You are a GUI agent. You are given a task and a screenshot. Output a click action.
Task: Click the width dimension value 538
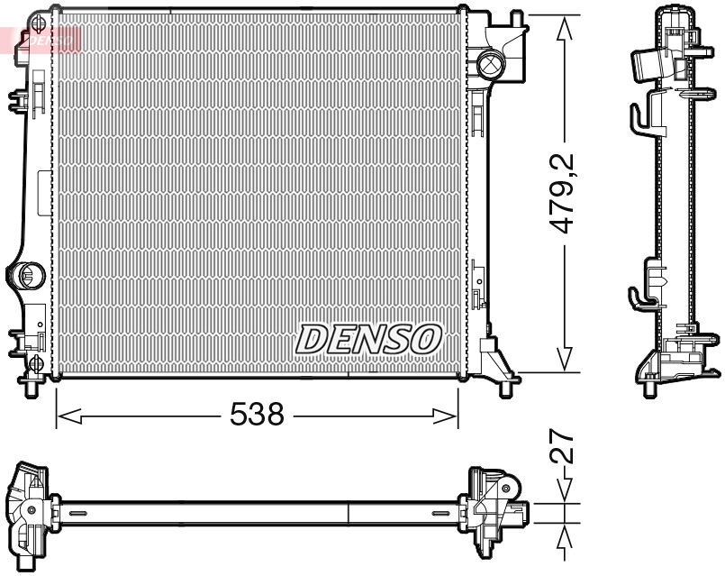coord(257,415)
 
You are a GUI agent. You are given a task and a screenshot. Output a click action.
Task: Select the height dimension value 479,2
coord(565,194)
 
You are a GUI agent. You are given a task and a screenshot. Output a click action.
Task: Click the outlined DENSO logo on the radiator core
coord(369,339)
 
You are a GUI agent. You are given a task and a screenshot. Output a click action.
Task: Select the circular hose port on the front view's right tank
coord(490,63)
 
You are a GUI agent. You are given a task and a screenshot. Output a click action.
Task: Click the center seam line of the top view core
coord(348,511)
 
